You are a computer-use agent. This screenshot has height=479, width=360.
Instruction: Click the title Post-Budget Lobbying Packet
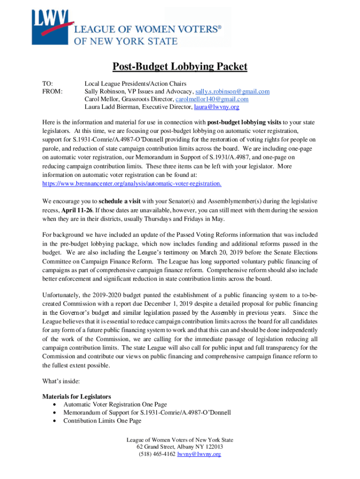click(x=180, y=67)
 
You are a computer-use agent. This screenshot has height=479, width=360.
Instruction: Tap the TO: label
click(x=48, y=82)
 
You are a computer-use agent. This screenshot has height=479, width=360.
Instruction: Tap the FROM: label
click(x=52, y=91)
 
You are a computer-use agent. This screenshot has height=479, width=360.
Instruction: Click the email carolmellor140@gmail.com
click(x=212, y=99)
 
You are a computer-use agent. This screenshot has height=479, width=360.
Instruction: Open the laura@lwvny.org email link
click(x=217, y=107)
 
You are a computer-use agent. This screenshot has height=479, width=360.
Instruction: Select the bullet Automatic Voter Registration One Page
click(x=115, y=404)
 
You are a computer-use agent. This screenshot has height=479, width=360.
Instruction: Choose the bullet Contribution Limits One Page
click(x=102, y=421)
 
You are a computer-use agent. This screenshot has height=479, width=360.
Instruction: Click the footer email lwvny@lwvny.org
click(x=199, y=454)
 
